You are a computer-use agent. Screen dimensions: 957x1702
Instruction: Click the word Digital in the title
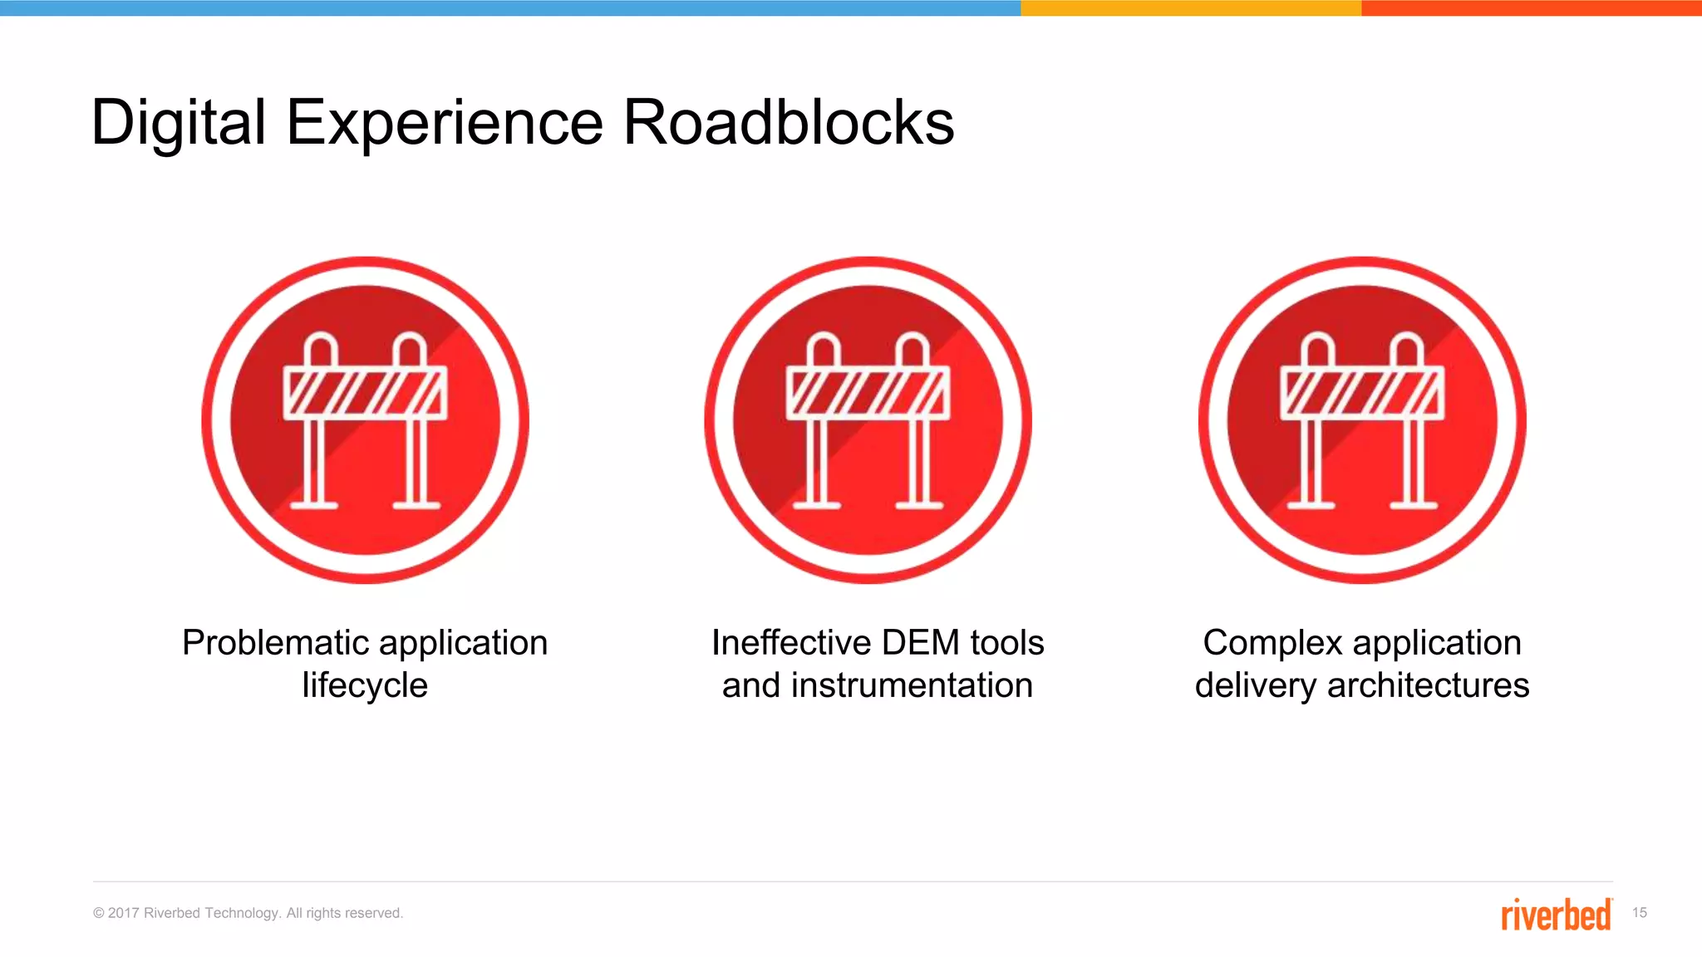(x=178, y=123)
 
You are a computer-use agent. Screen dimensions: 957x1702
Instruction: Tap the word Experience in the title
(x=444, y=123)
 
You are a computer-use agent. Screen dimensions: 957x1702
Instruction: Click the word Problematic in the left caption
(x=268, y=643)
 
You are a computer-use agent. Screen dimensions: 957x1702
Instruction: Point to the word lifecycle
(x=365, y=686)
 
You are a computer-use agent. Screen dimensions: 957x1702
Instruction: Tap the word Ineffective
(x=790, y=643)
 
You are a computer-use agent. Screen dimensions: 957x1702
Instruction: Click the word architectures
(x=1428, y=686)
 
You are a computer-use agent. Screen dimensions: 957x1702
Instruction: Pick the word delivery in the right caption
(x=1255, y=686)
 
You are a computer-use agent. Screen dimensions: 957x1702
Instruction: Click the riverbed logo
(x=1556, y=914)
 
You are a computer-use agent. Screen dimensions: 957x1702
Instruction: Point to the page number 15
(x=1640, y=913)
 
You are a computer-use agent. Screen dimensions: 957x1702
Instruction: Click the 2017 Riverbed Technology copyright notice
(x=248, y=913)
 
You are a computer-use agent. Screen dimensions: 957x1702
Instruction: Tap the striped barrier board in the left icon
(x=365, y=392)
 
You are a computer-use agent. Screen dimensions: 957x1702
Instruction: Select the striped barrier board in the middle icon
(x=868, y=392)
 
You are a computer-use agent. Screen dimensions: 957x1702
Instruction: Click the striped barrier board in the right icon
(x=1362, y=392)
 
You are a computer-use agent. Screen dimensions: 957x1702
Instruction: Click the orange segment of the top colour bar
(x=1531, y=7)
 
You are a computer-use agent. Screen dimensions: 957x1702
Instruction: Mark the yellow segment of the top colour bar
(x=1190, y=7)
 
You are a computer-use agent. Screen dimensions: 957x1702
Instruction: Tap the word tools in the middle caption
(x=1007, y=643)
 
